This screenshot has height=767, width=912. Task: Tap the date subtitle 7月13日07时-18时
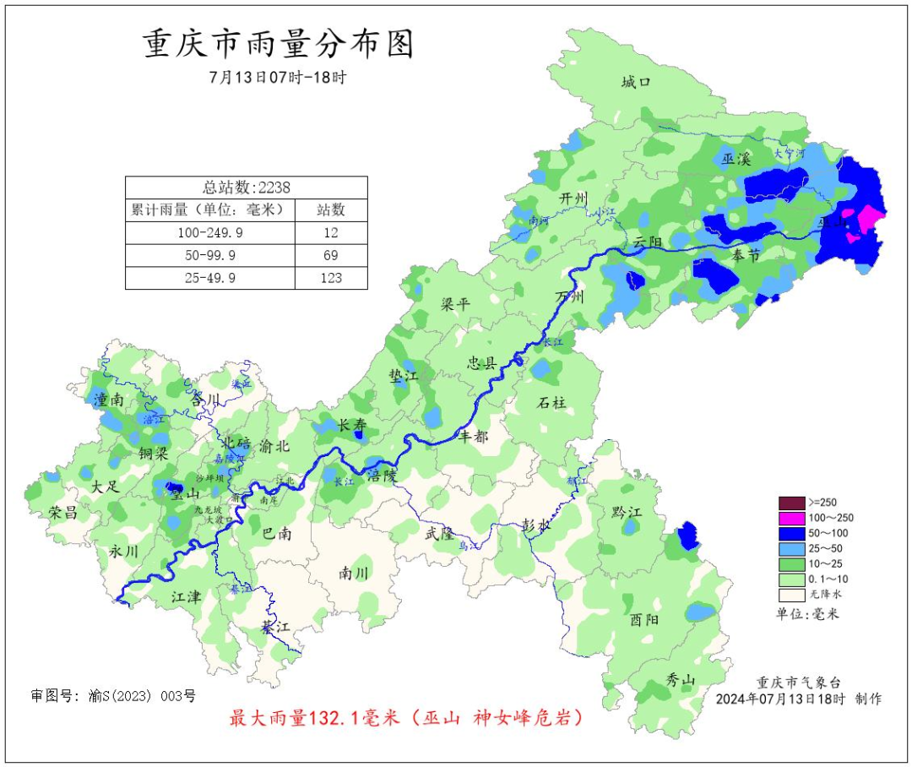[278, 77]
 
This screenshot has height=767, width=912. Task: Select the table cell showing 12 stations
[330, 232]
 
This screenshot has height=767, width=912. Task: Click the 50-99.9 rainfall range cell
[210, 255]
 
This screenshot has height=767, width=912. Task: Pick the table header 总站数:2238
[246, 188]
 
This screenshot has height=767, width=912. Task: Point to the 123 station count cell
[330, 278]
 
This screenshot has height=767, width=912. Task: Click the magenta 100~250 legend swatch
[791, 518]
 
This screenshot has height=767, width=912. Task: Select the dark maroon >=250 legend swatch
[791, 503]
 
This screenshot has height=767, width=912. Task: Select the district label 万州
[570, 297]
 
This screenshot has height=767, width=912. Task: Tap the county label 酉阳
[643, 620]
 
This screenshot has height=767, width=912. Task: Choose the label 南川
[354, 573]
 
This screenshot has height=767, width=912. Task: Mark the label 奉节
[746, 255]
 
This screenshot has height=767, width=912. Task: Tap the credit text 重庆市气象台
[798, 683]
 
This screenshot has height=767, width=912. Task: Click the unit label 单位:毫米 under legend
[807, 614]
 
